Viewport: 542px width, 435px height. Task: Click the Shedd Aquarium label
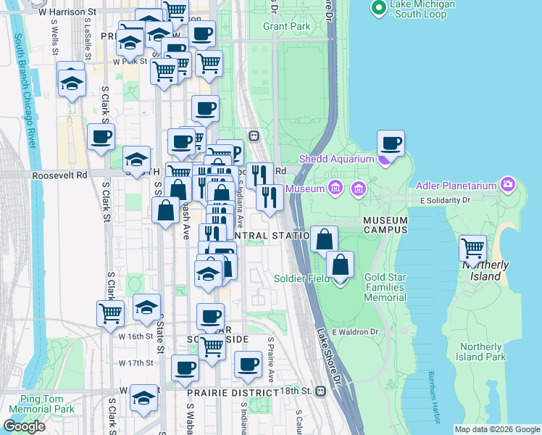pos(334,159)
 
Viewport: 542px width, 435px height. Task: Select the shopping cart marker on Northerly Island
pos(472,249)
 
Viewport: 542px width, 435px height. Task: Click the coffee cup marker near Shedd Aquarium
pos(391,144)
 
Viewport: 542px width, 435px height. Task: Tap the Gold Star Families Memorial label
pos(385,288)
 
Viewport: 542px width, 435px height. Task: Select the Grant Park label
pos(286,27)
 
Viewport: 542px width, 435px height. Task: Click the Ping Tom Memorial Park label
pos(37,404)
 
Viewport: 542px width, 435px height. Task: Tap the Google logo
pos(25,426)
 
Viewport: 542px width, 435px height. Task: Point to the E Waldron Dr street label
pos(356,332)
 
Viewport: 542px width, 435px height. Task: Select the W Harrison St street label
pos(67,12)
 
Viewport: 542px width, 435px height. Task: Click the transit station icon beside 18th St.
pos(320,391)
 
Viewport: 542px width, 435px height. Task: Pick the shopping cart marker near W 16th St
pos(110,313)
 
